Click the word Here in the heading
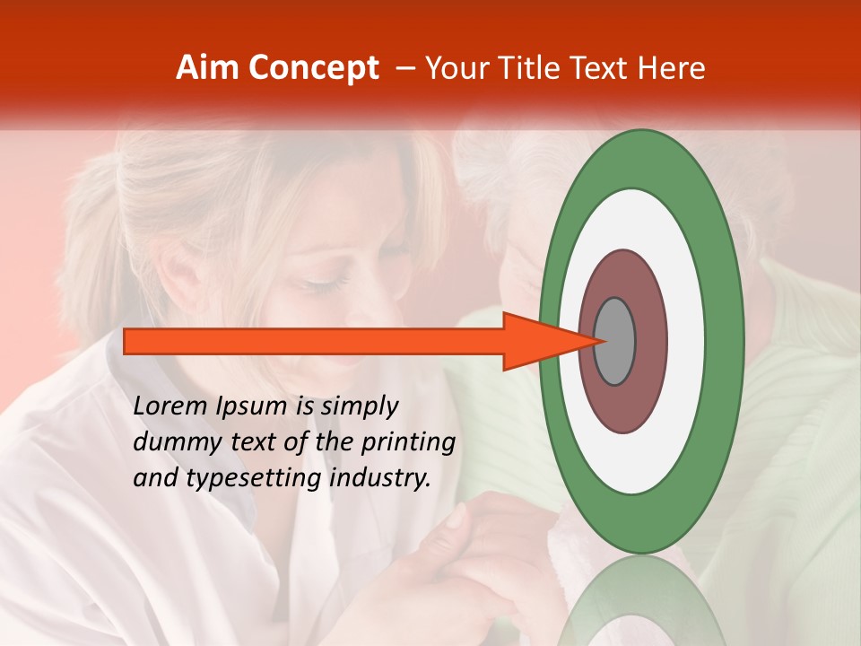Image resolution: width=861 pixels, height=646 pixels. (x=672, y=68)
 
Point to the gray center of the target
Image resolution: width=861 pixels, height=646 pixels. (x=614, y=341)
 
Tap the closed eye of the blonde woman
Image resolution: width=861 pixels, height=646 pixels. (x=327, y=284)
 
